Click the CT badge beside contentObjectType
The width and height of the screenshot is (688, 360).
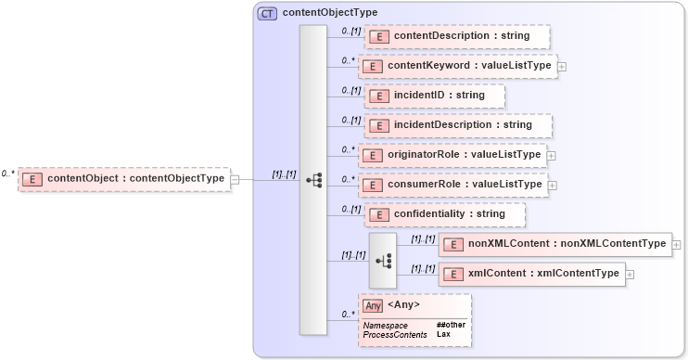point(267,14)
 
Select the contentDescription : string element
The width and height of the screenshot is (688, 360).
point(458,36)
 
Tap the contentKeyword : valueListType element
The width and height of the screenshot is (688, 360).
point(458,66)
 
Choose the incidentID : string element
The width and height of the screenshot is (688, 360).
point(436,96)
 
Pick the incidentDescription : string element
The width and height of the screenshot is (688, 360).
point(459,125)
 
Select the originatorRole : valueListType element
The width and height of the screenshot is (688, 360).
point(452,155)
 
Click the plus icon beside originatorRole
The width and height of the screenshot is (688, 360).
point(553,156)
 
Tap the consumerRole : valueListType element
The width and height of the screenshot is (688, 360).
point(452,185)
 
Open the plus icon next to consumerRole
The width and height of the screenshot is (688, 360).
point(553,186)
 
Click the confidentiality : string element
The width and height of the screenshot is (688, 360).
point(446,214)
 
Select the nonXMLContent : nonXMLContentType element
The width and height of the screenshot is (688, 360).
point(555,244)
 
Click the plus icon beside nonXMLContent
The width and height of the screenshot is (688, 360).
point(677,245)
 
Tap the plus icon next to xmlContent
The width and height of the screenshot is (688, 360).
point(630,275)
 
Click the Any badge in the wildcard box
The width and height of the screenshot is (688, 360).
point(373,305)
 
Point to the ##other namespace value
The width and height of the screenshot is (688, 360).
point(451,324)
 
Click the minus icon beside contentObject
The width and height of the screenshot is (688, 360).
point(236,179)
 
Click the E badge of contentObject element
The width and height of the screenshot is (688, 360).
point(32,179)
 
